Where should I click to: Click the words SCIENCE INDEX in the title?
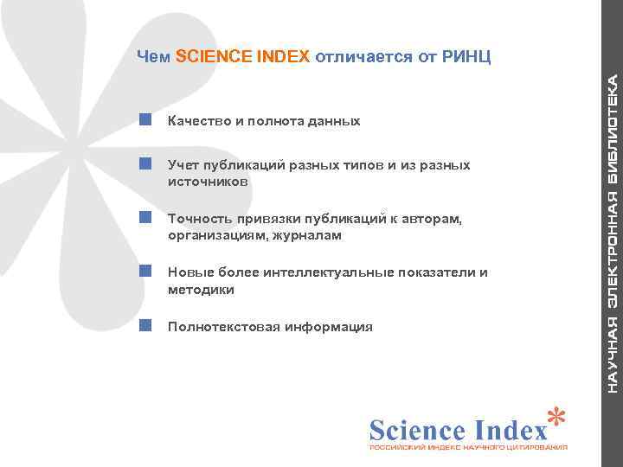242,58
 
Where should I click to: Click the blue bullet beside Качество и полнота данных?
146,118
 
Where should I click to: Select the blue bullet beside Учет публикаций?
146,163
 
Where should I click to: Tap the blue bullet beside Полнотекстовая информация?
146,325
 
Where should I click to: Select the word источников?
208,182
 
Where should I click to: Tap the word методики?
201,291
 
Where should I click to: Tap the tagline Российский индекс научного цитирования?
468,449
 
